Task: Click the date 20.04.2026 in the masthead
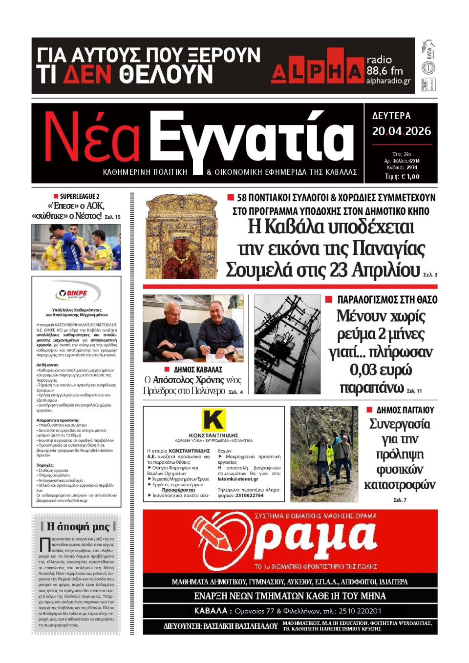(x=401, y=131)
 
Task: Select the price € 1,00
(x=408, y=177)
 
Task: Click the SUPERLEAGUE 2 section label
(x=79, y=196)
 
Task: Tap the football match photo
(x=76, y=247)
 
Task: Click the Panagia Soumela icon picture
(x=181, y=236)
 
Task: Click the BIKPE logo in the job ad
(x=76, y=293)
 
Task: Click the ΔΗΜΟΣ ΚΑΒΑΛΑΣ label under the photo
(x=198, y=370)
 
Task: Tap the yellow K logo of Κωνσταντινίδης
(x=213, y=419)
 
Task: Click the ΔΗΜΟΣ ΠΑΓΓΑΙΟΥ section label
(x=405, y=410)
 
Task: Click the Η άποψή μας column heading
(x=78, y=526)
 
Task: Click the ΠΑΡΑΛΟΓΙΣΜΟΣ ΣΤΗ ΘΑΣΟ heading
(x=387, y=299)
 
